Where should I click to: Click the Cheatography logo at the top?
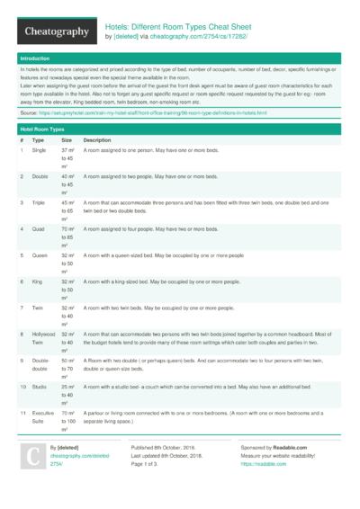click(54, 32)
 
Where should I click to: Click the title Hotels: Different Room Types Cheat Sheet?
click(178, 27)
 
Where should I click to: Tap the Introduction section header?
click(35, 58)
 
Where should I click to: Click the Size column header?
click(67, 141)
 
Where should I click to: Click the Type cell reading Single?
click(39, 151)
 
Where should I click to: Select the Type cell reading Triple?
click(39, 203)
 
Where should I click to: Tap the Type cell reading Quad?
click(38, 229)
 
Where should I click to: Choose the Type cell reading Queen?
click(40, 255)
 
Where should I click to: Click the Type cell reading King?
click(38, 281)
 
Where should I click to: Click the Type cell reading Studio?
click(40, 386)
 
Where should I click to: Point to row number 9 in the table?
click(22, 360)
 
